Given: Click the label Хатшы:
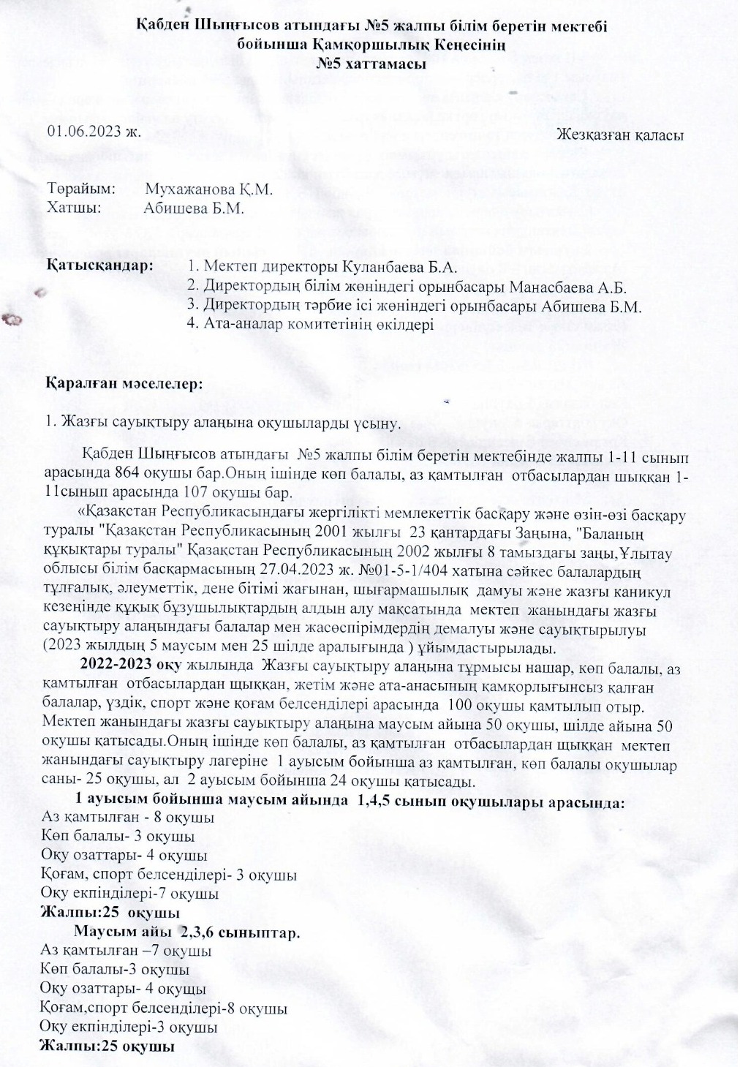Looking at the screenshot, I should (x=73, y=207).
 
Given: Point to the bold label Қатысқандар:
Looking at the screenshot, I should (x=100, y=265).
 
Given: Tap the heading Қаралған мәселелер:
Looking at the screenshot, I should (x=124, y=383).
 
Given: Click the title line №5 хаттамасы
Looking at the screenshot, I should (x=371, y=64).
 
